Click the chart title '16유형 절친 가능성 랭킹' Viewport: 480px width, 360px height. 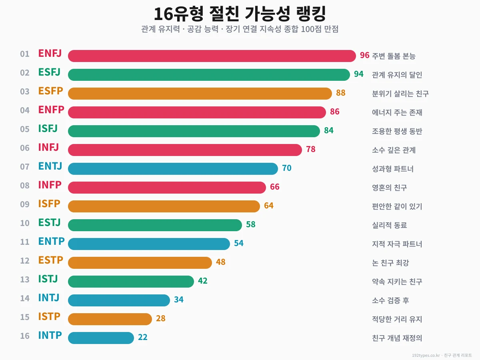[240, 14]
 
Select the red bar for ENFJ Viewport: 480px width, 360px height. [212, 56]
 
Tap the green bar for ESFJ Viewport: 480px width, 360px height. [209, 75]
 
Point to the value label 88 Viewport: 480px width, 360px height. [340, 93]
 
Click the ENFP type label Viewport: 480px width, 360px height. [51, 110]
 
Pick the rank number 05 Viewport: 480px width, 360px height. [25, 129]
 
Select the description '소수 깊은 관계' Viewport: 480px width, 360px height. [394, 150]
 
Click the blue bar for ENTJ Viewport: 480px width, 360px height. [173, 169]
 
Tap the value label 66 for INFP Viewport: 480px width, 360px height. [274, 187]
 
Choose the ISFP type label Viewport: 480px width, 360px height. [49, 204]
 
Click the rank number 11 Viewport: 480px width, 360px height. [25, 242]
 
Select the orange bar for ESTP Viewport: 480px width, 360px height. [140, 263]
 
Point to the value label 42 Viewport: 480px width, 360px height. [202, 281]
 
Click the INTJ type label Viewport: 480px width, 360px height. [49, 298]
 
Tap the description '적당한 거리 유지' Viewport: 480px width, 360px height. [397, 319]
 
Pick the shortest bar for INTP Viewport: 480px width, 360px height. [101, 338]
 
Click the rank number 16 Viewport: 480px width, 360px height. [25, 336]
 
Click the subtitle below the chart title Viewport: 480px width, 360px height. [240, 30]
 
